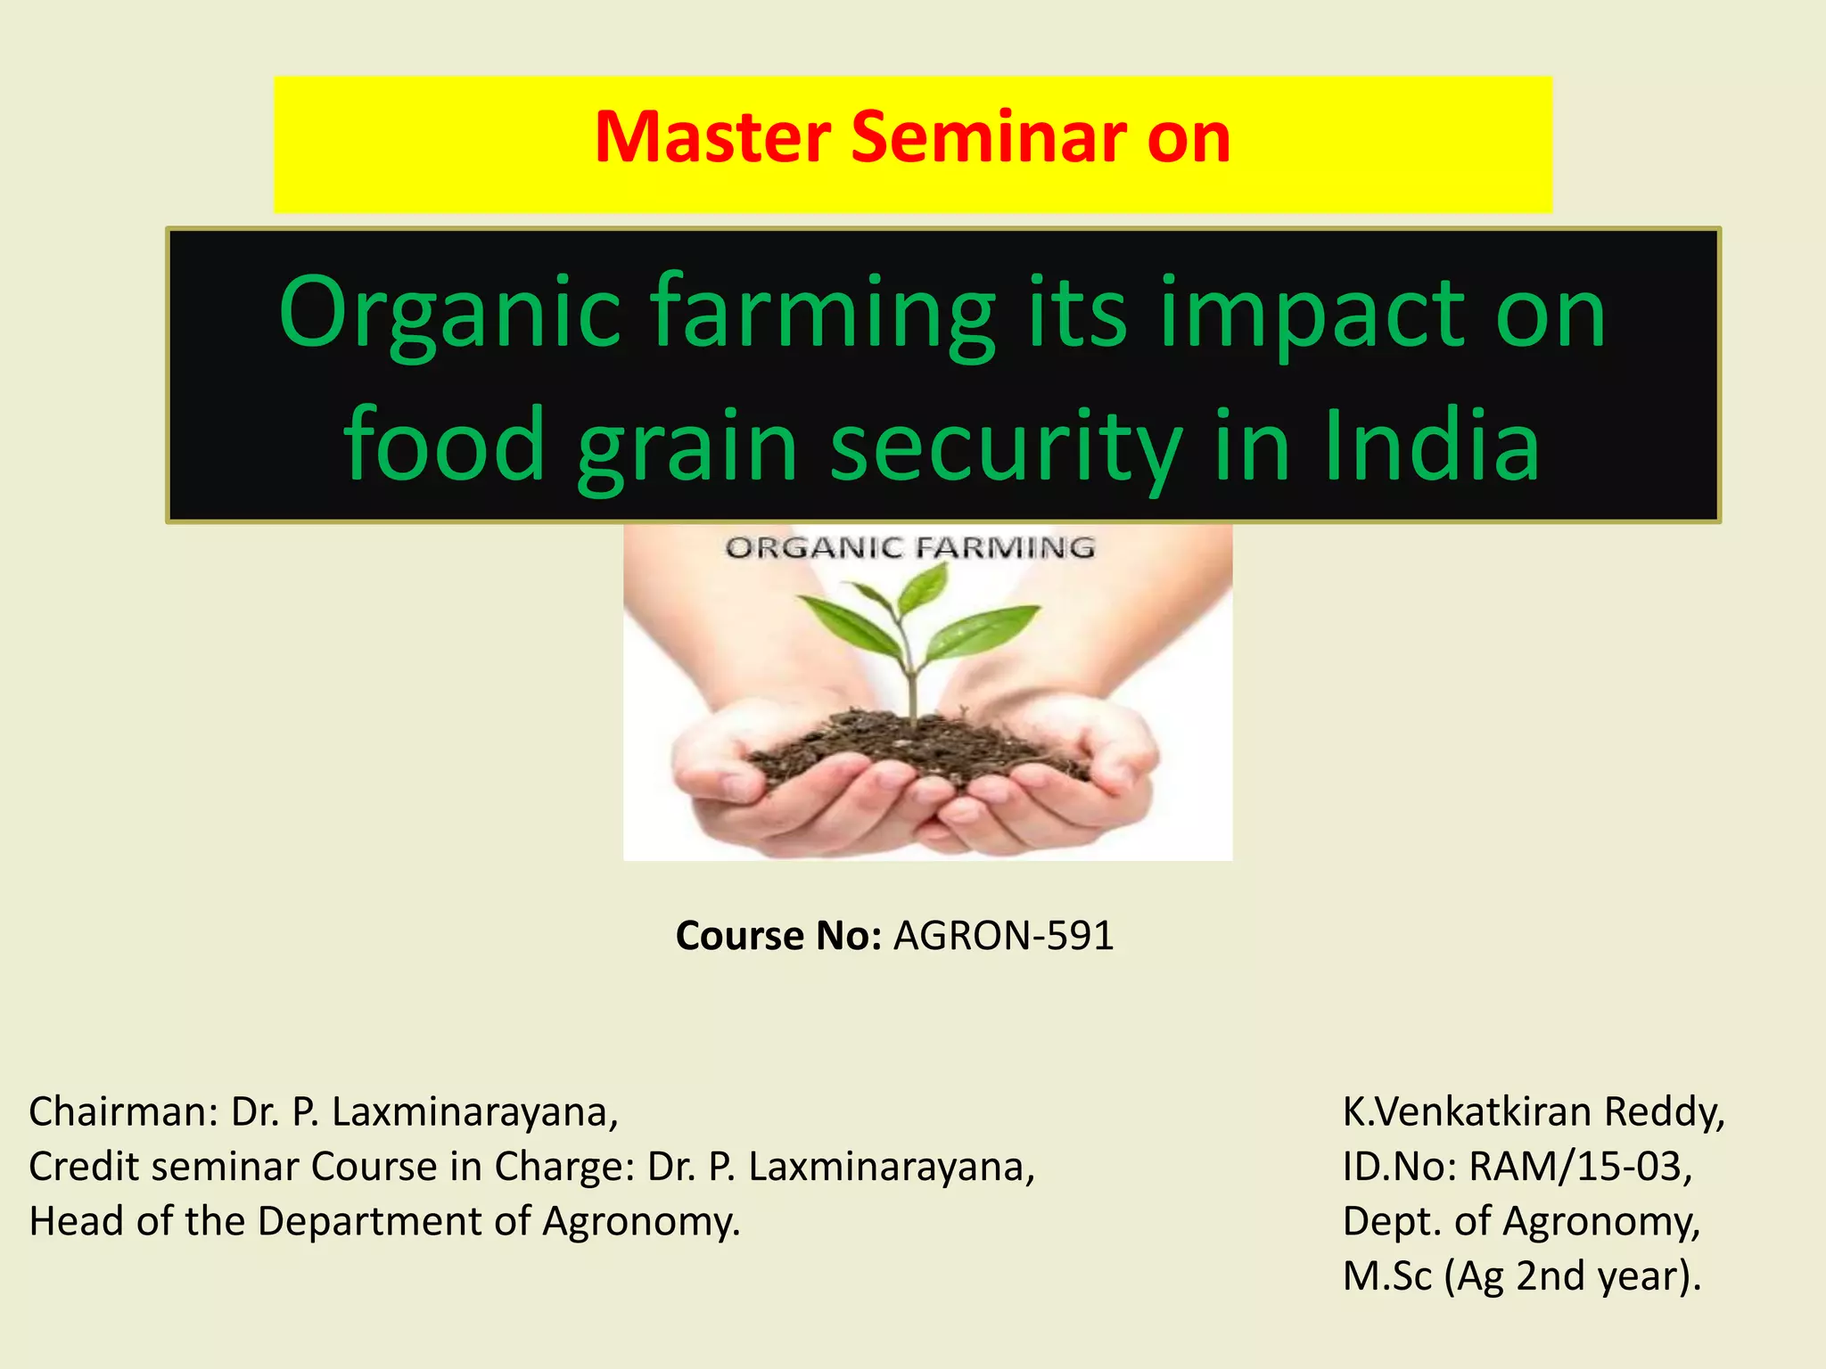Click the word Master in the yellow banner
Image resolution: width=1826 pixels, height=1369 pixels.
[711, 138]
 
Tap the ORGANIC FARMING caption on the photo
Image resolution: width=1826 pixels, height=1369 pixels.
[910, 548]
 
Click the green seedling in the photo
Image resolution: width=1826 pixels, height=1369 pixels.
[909, 624]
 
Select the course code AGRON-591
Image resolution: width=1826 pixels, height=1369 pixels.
[1004, 936]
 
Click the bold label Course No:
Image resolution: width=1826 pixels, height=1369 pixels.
[778, 936]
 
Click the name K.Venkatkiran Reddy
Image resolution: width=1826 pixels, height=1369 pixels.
[1534, 1112]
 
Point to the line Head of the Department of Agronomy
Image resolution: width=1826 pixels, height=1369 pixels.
[384, 1221]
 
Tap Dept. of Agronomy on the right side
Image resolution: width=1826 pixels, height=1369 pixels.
[1521, 1221]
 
